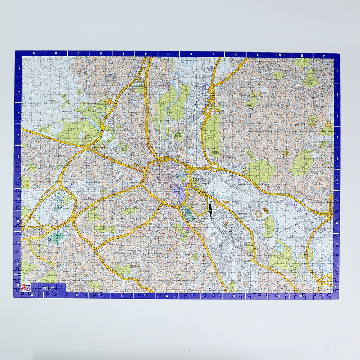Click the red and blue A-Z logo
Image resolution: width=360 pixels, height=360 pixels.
click(25, 287)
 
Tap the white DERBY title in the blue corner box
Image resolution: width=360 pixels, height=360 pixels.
click(48, 288)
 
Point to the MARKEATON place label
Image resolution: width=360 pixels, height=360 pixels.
click(67, 112)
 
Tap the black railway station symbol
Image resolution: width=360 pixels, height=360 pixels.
click(209, 208)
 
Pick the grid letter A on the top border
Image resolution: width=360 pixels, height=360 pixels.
click(34, 54)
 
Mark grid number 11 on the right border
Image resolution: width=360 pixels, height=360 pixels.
click(336, 287)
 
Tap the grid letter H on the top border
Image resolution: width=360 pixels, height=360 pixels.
click(190, 54)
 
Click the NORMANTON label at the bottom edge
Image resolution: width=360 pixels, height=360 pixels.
click(118, 291)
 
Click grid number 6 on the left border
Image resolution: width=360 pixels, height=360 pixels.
click(18, 177)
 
